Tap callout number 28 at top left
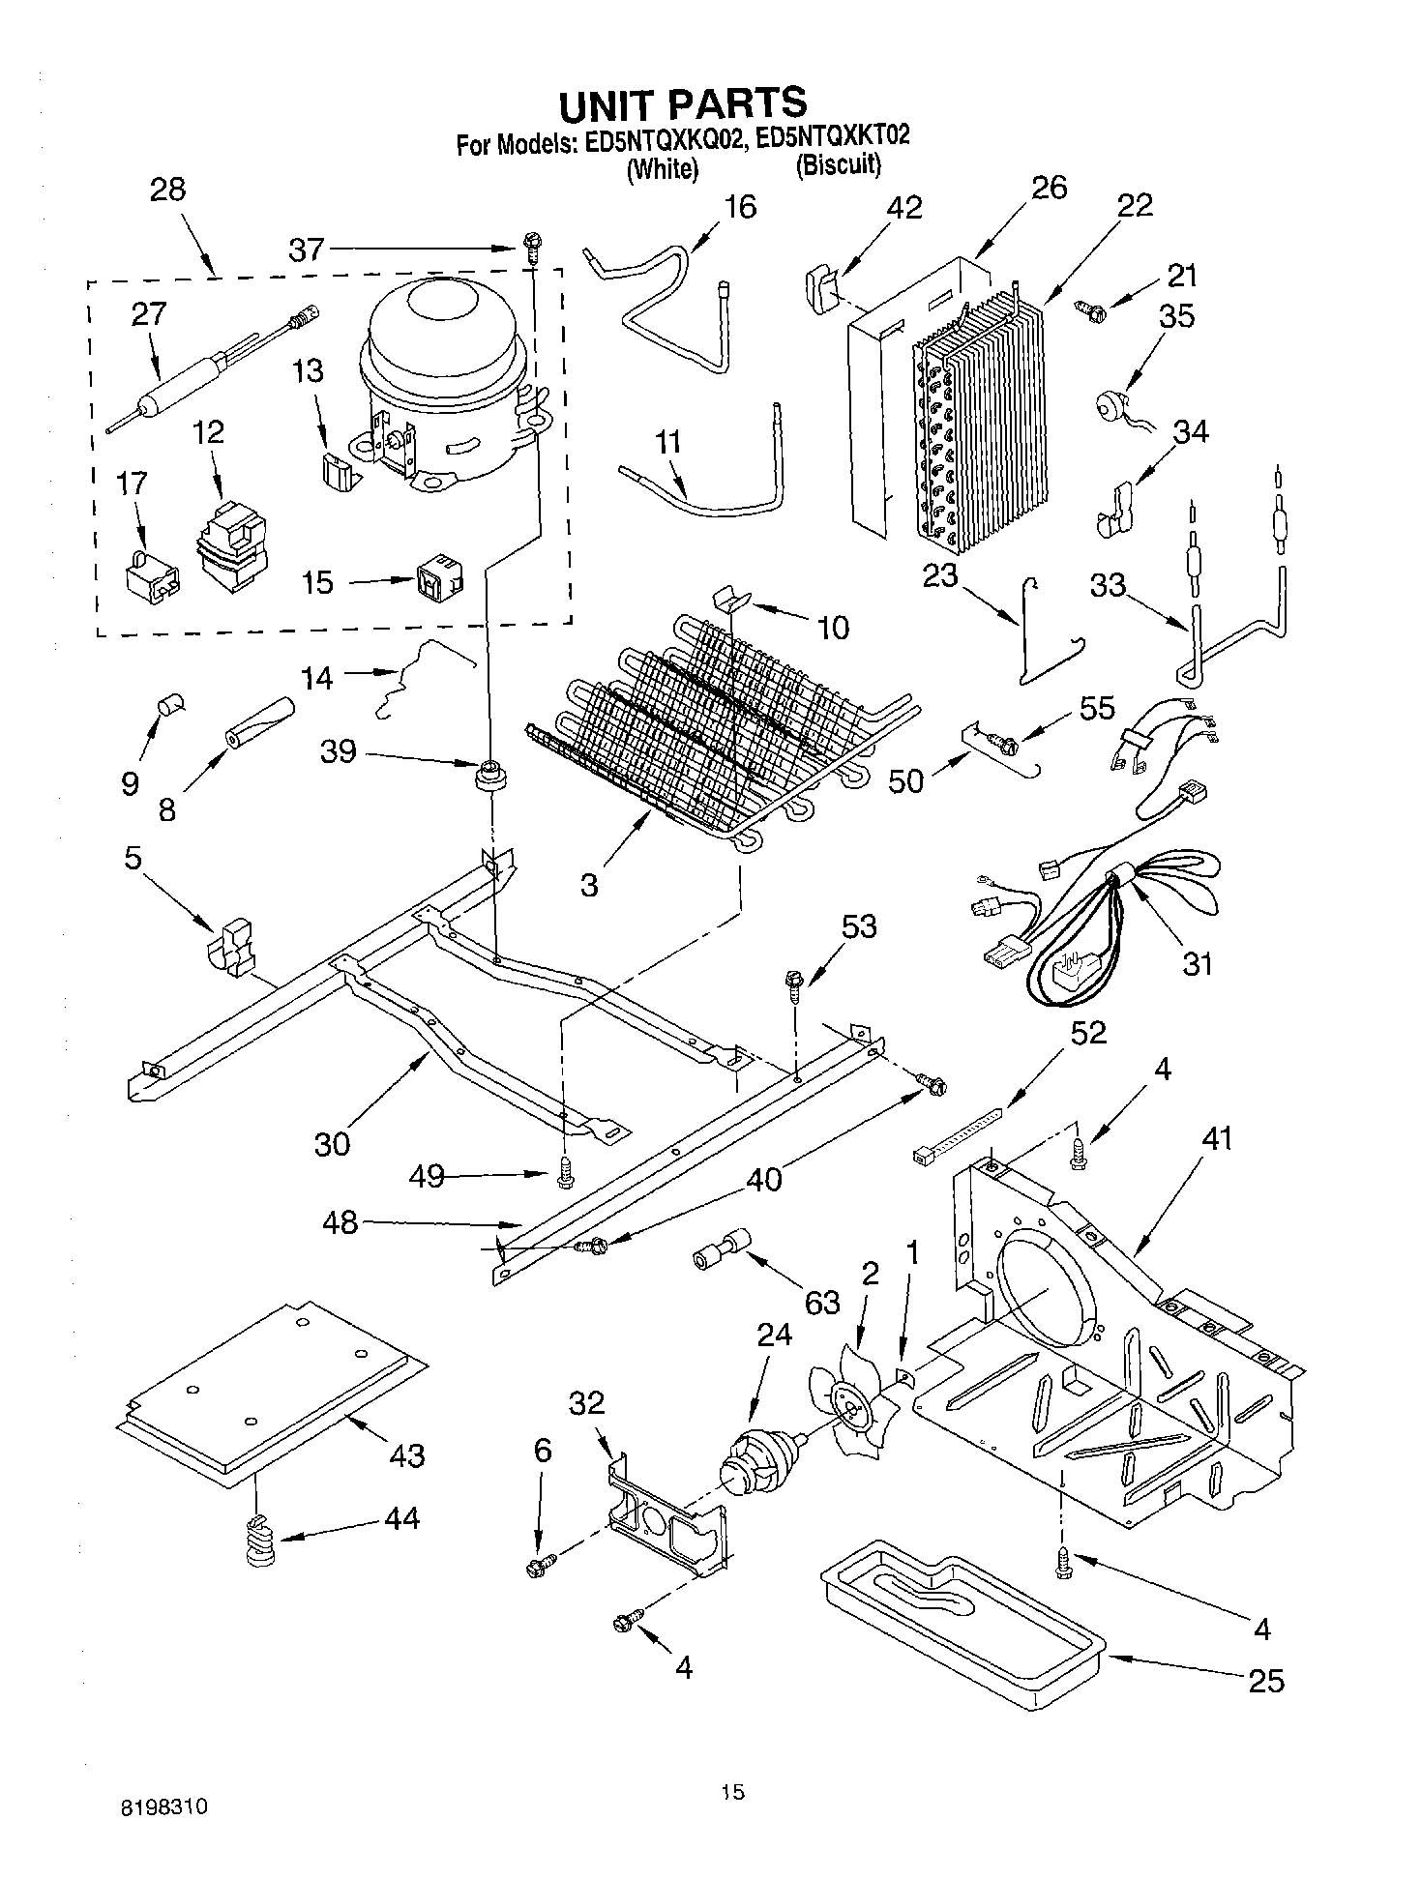pos(167,190)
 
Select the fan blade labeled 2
pos(855,1407)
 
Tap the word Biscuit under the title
pos(839,166)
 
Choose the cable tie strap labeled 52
pos(958,1136)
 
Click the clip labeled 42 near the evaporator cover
pos(820,287)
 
